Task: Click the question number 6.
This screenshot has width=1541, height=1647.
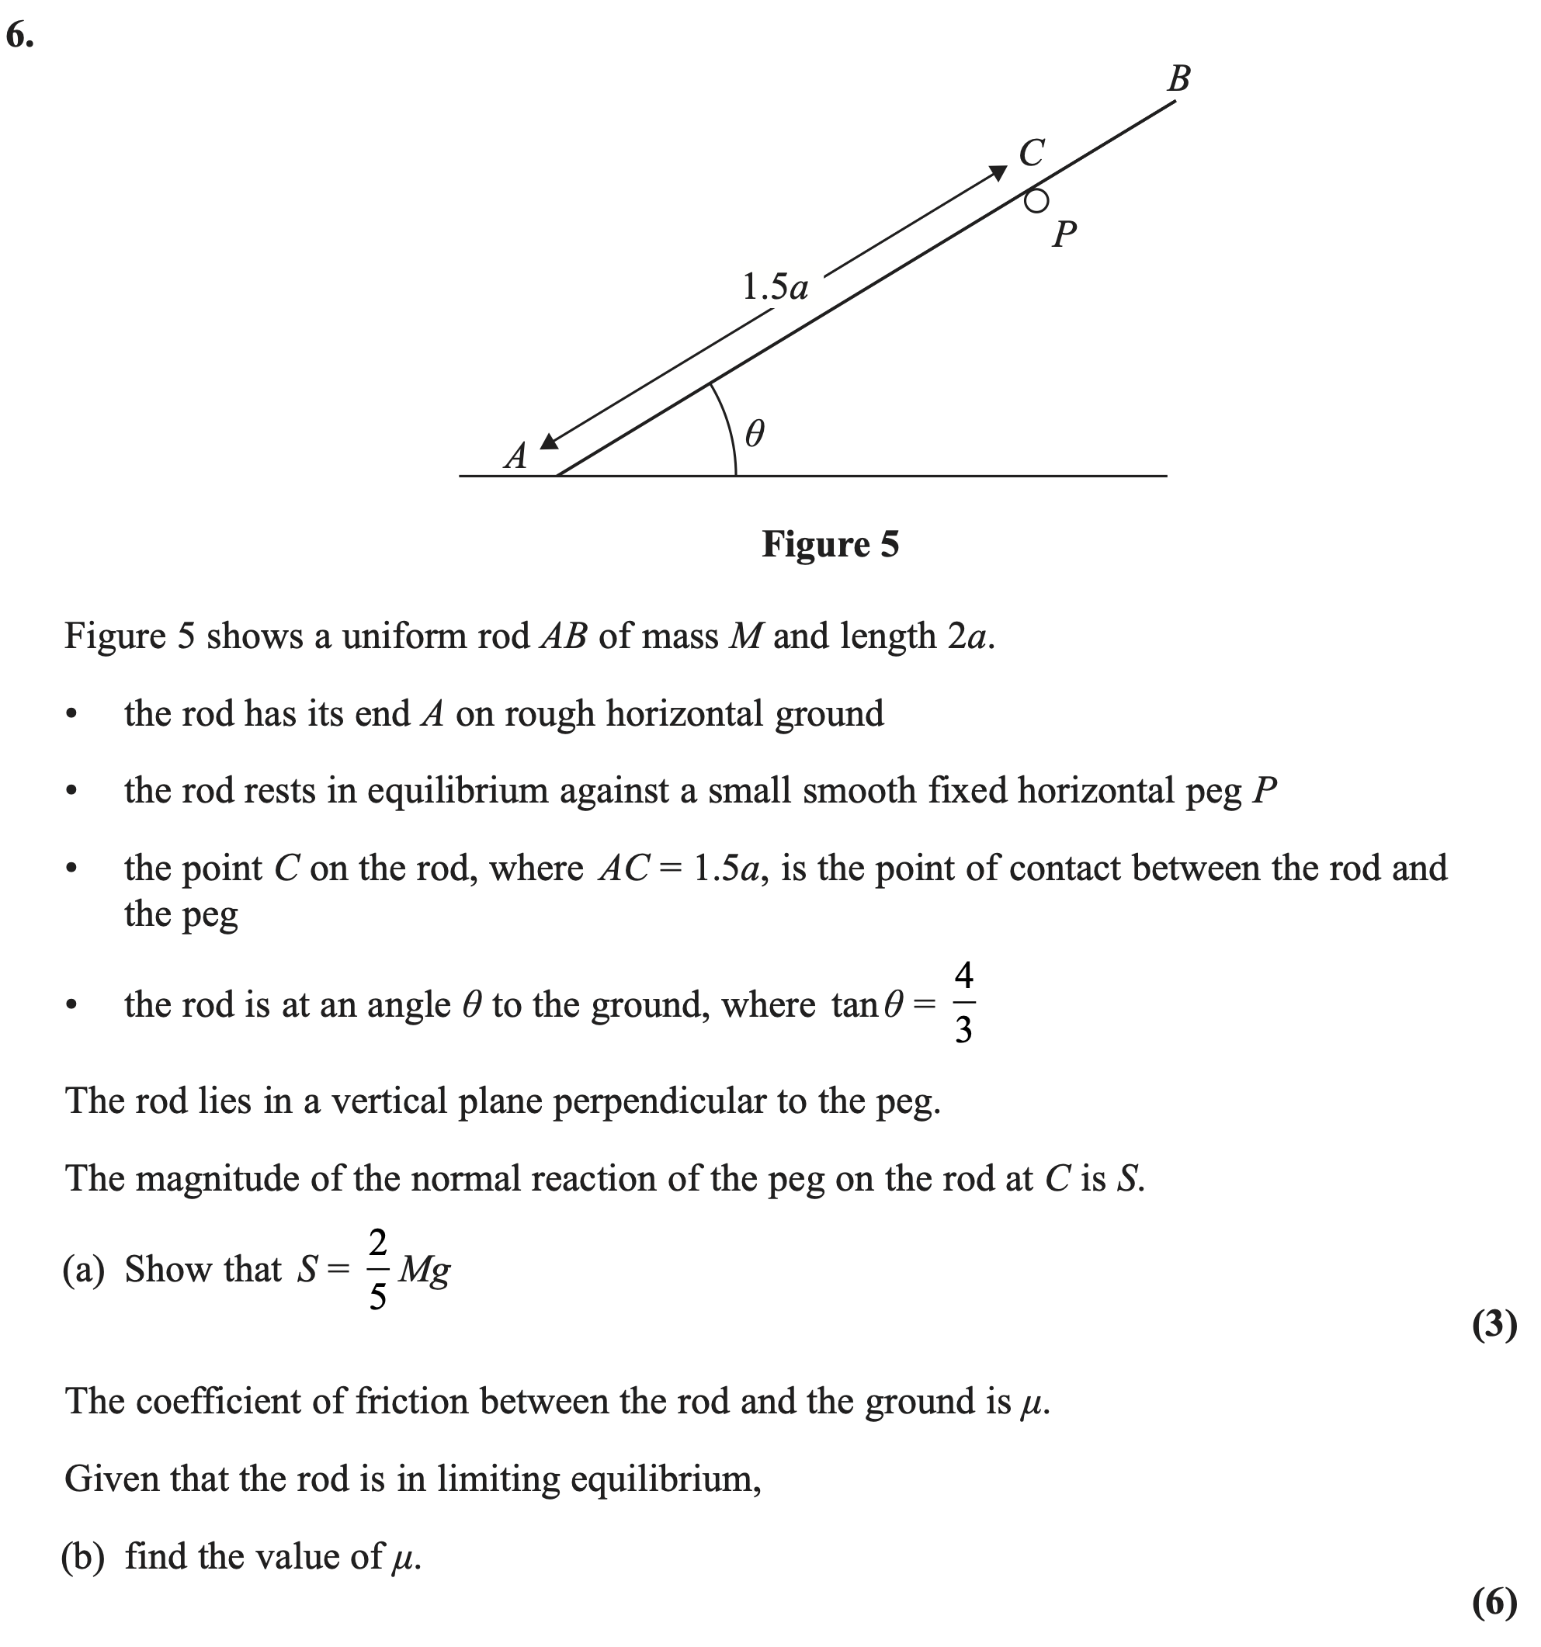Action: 20,36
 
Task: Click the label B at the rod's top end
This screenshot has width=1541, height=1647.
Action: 1178,79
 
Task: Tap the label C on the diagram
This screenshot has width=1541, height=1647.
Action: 1032,153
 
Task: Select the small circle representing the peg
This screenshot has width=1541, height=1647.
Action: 1036,200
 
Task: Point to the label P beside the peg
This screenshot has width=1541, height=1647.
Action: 1064,234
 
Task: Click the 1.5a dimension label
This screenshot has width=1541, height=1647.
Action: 775,287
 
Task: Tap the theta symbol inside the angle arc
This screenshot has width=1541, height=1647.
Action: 754,433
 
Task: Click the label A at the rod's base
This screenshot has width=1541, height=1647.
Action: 516,456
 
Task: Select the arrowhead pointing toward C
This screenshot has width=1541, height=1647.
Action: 998,173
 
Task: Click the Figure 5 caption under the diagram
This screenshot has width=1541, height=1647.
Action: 830,544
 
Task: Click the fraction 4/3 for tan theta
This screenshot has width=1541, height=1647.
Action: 963,1004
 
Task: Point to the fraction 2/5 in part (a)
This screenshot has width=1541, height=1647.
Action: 377,1269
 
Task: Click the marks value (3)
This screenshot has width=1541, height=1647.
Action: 1494,1324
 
